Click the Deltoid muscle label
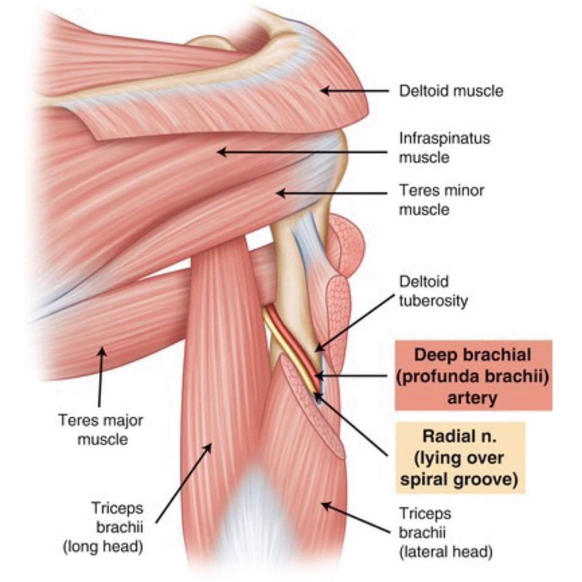(x=451, y=91)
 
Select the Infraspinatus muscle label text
(x=444, y=147)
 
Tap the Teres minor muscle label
(x=441, y=199)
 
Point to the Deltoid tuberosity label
(x=433, y=291)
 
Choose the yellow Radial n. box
(x=460, y=457)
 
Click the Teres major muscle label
(x=101, y=429)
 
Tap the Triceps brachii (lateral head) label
(x=445, y=532)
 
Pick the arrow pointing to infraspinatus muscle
(x=301, y=152)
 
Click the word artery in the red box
(x=473, y=399)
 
